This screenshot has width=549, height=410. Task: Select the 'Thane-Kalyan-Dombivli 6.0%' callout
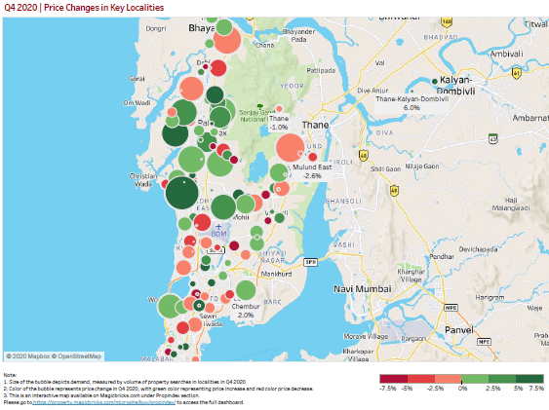click(x=411, y=102)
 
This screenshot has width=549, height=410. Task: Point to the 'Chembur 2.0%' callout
click(x=246, y=311)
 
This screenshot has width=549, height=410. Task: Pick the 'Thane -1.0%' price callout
click(x=279, y=123)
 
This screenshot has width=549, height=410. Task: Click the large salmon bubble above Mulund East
click(x=291, y=149)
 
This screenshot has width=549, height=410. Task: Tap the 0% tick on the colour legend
click(x=458, y=390)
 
